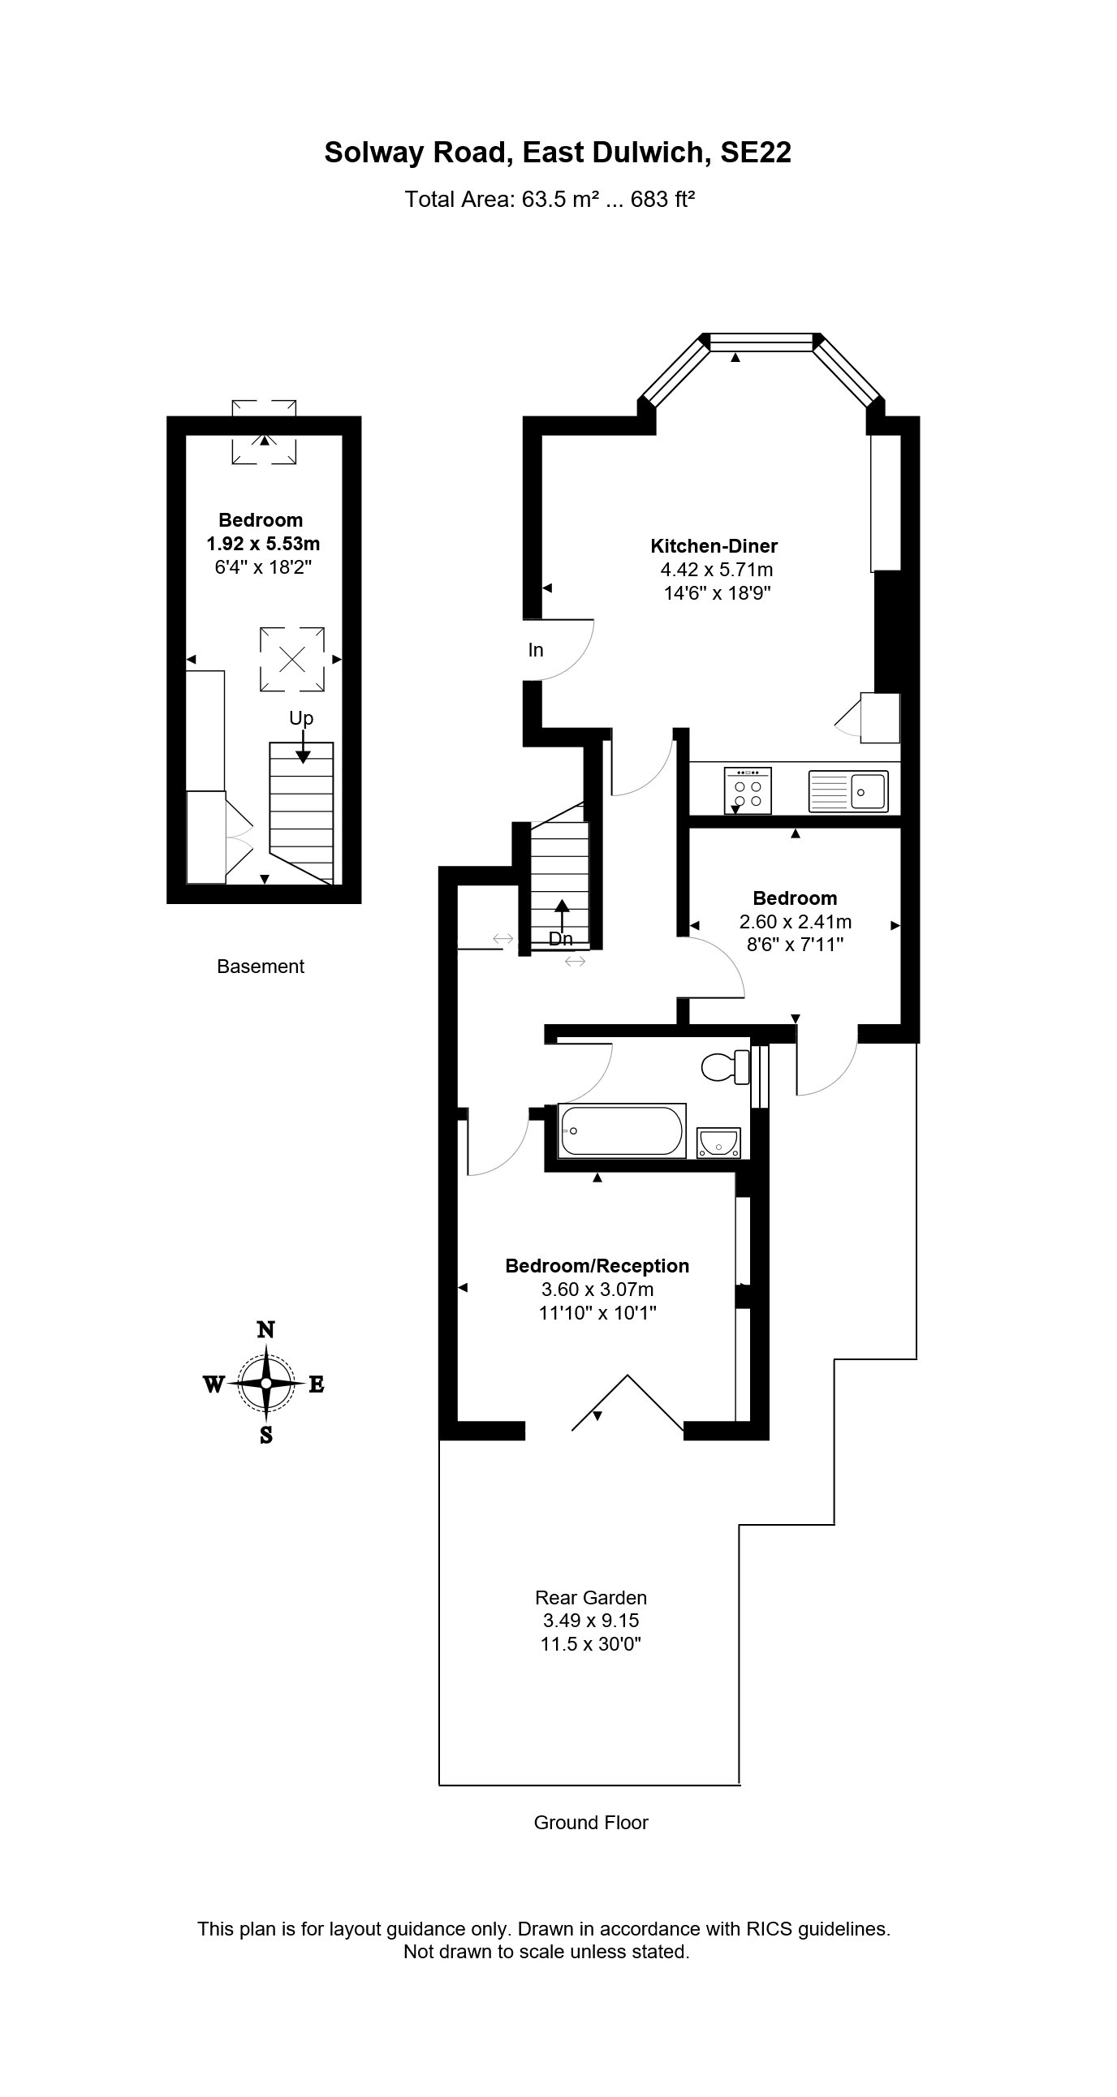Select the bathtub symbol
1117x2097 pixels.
(x=622, y=1130)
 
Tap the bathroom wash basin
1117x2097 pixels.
(x=719, y=1143)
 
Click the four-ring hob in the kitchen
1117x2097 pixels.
(x=748, y=790)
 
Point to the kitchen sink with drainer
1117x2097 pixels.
(x=847, y=790)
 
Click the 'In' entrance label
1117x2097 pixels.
(x=536, y=649)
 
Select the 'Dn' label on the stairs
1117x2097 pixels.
(x=560, y=939)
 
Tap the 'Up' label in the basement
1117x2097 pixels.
(x=301, y=718)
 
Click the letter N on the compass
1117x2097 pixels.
(x=265, y=1329)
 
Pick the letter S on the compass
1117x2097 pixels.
(x=266, y=1436)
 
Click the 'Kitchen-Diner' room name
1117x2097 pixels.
(x=714, y=546)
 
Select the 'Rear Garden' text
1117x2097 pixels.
(x=590, y=1598)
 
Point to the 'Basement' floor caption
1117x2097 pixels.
(x=261, y=967)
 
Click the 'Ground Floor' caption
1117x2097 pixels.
(x=590, y=1823)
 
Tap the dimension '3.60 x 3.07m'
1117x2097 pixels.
(x=597, y=1290)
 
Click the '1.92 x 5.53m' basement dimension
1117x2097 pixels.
(x=263, y=543)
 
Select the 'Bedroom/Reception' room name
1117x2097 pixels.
(x=597, y=1266)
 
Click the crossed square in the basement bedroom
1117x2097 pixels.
(x=292, y=659)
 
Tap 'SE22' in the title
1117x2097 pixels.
(x=756, y=153)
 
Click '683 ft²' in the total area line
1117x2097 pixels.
(x=662, y=200)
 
